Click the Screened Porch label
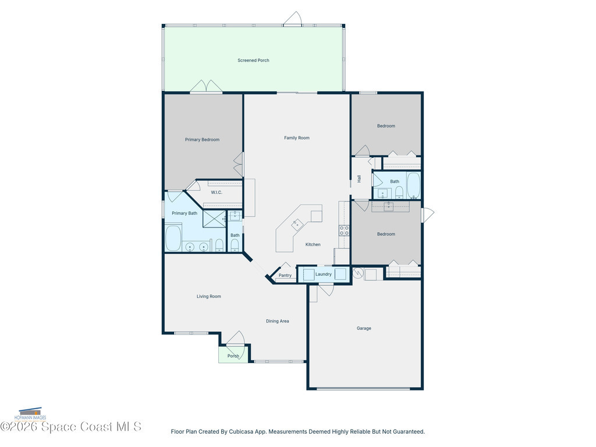coord(253,60)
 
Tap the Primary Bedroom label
coord(202,140)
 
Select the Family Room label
coord(297,137)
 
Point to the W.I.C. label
coord(217,192)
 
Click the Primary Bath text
coord(185,213)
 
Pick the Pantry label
coord(285,275)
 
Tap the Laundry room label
coord(324,274)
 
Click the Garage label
coord(364,328)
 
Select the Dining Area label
coord(278,321)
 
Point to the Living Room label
coord(209,296)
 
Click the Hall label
coord(359,179)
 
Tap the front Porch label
coord(233,356)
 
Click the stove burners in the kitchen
coord(345,230)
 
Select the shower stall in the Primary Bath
coord(214,219)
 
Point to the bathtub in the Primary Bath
coord(173,238)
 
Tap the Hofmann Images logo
coord(30,414)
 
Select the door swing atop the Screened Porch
coord(293,18)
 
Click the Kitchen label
coord(313,244)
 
